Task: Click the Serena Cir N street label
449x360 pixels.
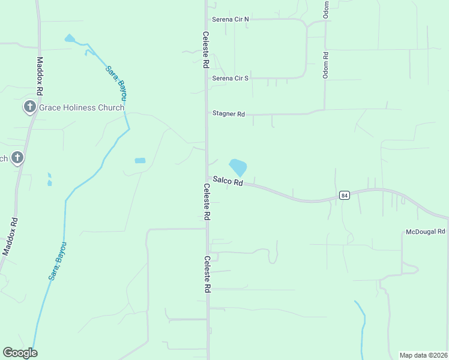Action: click(x=230, y=19)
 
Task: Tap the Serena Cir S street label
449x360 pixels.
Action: click(x=230, y=78)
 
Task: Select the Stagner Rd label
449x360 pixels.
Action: click(x=229, y=113)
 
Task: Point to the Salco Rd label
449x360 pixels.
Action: click(x=228, y=181)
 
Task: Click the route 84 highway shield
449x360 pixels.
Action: click(x=344, y=195)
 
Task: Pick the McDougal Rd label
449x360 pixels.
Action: click(x=425, y=232)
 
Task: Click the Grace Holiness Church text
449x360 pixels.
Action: click(x=82, y=107)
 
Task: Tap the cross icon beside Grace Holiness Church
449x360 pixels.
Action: click(x=29, y=107)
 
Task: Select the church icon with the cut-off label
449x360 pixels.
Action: click(x=17, y=158)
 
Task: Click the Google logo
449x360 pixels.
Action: click(x=20, y=353)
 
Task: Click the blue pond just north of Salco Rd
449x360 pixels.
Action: click(x=238, y=166)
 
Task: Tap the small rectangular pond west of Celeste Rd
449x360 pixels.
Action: click(x=140, y=161)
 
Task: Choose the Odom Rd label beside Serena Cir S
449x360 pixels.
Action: click(x=325, y=63)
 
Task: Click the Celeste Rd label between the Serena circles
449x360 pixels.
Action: click(x=205, y=50)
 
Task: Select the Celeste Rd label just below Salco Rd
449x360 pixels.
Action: click(x=206, y=202)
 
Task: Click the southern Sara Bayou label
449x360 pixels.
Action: click(x=58, y=261)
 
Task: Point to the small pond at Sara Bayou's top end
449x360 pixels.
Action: click(x=70, y=39)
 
